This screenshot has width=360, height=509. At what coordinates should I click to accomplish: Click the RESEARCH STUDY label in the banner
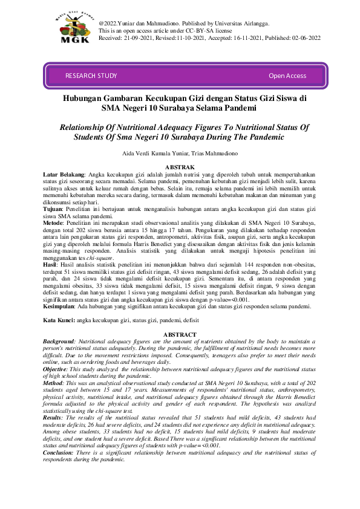pyautogui.click(x=91, y=76)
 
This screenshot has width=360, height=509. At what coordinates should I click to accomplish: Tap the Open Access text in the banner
pyautogui.click(x=287, y=76)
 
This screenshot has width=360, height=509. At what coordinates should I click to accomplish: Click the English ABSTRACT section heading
pyautogui.click(x=180, y=335)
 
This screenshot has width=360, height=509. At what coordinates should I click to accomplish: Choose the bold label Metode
pyautogui.click(x=54, y=222)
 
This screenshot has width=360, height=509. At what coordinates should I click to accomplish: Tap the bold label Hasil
pyautogui.click(x=51, y=265)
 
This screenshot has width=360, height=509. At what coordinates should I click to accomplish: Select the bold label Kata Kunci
pyautogui.click(x=61, y=319)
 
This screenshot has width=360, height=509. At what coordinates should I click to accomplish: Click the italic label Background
pyautogui.click(x=62, y=342)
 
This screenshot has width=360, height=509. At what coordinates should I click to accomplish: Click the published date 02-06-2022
pyautogui.click(x=305, y=37)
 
